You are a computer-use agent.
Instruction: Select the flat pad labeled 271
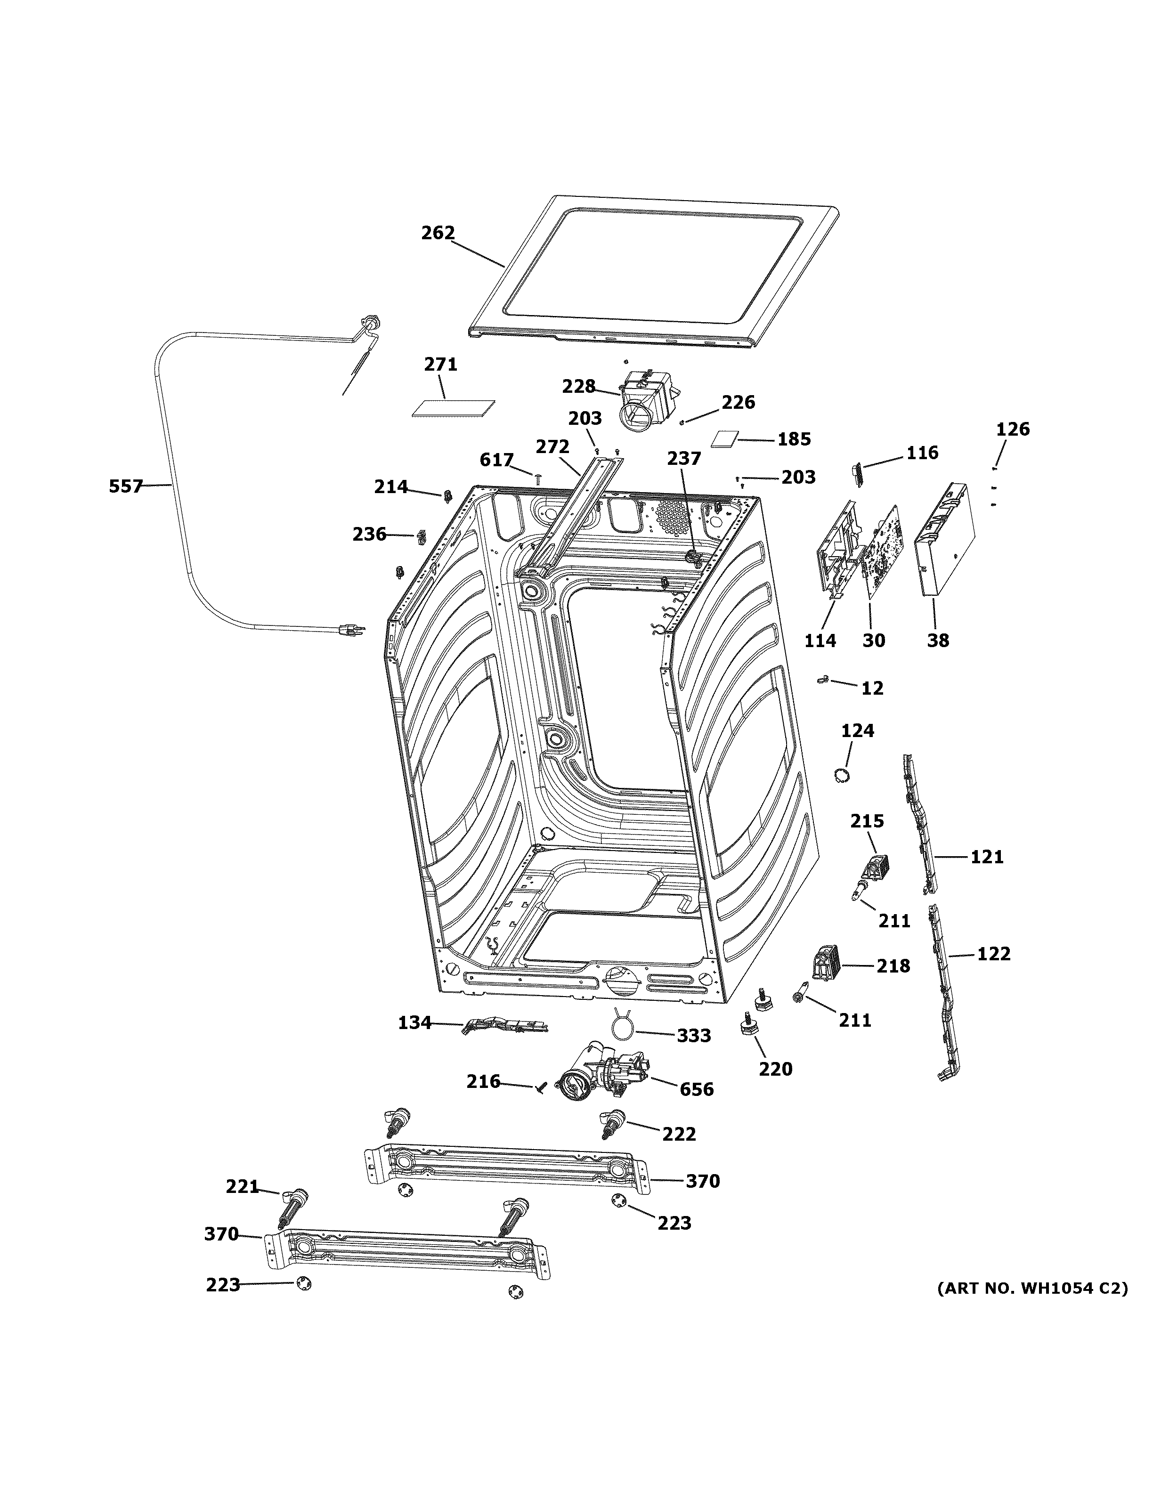[454, 408]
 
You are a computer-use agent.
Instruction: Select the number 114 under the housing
[820, 640]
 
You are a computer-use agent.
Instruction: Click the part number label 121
[987, 856]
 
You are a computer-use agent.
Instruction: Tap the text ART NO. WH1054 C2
[1031, 1287]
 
